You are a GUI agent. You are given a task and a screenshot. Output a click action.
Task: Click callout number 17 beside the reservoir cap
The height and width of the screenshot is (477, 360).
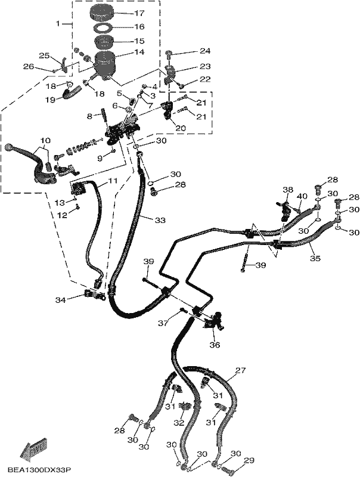coord(139,13)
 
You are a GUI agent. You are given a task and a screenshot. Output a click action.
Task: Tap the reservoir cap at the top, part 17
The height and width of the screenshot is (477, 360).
coord(101,14)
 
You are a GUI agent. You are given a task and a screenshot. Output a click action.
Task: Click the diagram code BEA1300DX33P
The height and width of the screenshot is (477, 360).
coord(39,470)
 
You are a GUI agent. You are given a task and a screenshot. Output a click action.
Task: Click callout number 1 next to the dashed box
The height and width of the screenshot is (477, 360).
coord(58,23)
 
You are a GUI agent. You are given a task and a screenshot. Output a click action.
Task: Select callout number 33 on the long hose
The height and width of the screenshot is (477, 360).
coord(160,220)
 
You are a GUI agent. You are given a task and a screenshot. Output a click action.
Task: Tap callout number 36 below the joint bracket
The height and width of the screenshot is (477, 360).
coord(215,345)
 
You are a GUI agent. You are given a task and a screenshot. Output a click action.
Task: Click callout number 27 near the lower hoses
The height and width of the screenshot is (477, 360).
coord(240,370)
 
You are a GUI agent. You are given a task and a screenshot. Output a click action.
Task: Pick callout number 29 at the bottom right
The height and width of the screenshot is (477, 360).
coord(249,460)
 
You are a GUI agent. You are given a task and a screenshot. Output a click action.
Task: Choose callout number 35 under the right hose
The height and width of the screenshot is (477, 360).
coord(315,259)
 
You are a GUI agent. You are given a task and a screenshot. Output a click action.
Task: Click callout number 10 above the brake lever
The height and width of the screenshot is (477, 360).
coord(45,141)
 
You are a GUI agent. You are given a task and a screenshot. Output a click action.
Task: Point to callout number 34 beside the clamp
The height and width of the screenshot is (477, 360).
coord(61,301)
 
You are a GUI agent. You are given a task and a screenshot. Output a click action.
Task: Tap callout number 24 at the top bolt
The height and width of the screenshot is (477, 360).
coord(205,51)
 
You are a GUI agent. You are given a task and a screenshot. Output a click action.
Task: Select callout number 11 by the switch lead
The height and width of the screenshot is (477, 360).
coord(112,181)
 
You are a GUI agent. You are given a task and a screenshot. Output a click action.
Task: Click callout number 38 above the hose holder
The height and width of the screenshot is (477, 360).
coord(288,190)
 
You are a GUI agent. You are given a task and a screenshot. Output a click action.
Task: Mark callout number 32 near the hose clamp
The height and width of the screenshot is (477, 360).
coord(179,423)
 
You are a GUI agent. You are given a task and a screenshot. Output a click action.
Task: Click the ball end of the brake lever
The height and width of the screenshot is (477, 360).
coord(9,147)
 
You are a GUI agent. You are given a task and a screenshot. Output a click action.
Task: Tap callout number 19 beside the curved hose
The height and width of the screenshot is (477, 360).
coord(51,100)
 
